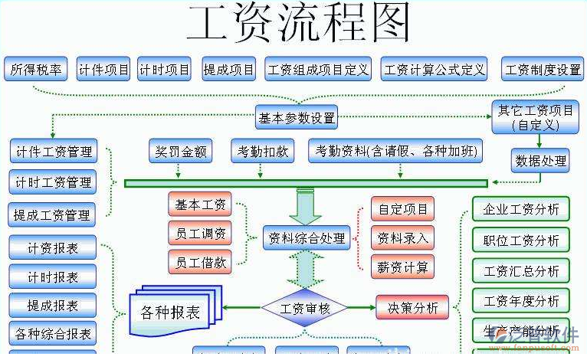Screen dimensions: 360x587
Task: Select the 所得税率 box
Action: (35, 70)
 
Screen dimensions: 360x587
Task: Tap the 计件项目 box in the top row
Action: (104, 70)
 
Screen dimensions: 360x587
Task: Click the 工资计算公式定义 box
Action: (435, 70)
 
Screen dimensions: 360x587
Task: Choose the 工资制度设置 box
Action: (543, 70)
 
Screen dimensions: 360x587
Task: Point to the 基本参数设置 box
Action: (297, 118)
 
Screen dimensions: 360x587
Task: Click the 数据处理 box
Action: (541, 161)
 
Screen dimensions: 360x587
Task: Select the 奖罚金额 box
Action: (179, 151)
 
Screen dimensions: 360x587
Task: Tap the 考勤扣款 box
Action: (262, 151)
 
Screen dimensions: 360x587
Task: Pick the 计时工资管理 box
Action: (53, 183)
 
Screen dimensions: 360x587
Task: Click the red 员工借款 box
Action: (200, 262)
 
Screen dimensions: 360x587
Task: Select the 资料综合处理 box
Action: (307, 238)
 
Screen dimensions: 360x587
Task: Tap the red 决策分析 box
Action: (412, 308)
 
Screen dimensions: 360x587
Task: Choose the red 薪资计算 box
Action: (402, 267)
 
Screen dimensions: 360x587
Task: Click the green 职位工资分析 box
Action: (521, 241)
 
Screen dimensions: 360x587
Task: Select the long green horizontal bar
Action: (306, 183)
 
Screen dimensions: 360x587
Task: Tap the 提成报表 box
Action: (53, 306)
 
